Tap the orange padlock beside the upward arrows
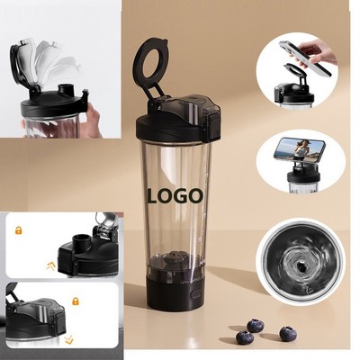[x=18, y=230]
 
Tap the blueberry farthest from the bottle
[x=288, y=334]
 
